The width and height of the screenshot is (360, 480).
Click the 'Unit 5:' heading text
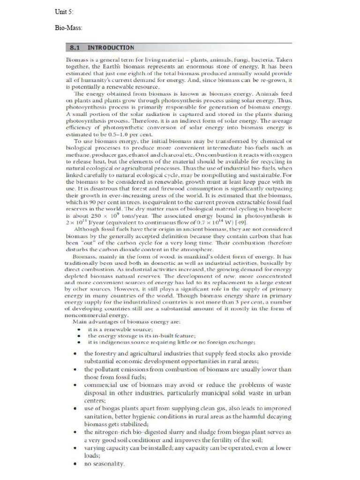pos(64,11)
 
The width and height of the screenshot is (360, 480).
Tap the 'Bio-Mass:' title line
pos(68,28)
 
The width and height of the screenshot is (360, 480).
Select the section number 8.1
pos(77,48)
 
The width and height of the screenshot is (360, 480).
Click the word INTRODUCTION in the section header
pos(111,48)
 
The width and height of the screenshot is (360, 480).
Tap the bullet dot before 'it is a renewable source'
pos(78,330)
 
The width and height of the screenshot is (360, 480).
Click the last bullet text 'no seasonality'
pos(104,464)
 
